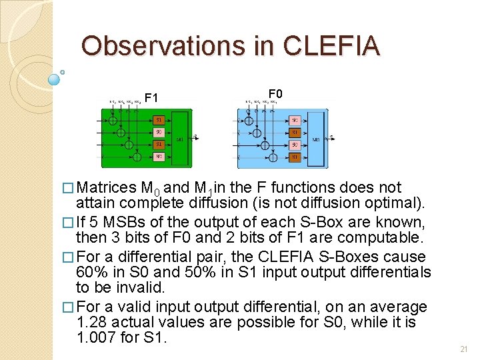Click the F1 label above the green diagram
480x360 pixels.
(151, 98)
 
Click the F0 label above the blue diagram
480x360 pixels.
(275, 94)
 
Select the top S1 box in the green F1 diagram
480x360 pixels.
(158, 120)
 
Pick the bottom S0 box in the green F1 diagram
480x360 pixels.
(158, 157)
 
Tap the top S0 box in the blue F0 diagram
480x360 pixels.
(295, 120)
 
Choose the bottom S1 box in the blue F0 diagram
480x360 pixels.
(295, 157)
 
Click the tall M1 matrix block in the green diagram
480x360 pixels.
(179, 139)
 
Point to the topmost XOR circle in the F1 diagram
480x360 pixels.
(113, 121)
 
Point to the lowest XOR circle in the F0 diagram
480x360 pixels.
(273, 157)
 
